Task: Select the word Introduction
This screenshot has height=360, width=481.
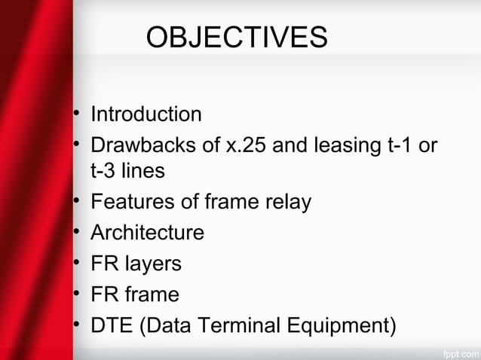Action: [x=146, y=114]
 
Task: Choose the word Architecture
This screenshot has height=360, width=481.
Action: [x=147, y=233]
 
